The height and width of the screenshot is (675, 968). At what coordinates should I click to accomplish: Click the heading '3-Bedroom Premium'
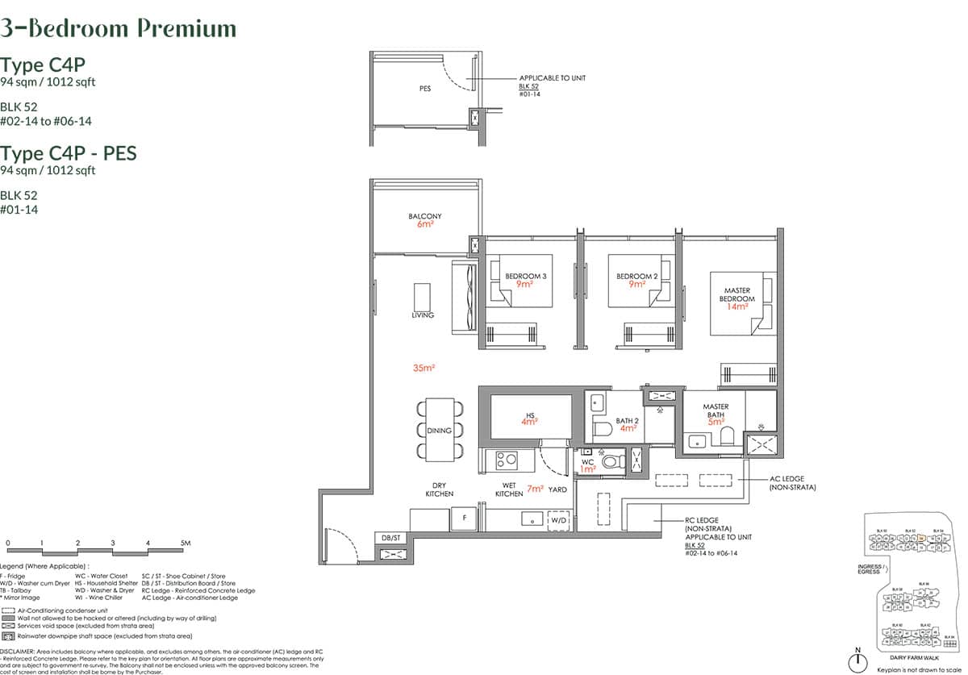point(119,29)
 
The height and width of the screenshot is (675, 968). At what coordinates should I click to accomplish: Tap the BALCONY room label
point(425,216)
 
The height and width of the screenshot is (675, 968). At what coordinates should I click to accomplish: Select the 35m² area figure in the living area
point(423,368)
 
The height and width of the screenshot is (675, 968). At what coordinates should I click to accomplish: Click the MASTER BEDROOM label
point(736,294)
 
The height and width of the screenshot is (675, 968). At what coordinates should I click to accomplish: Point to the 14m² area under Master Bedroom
point(737,307)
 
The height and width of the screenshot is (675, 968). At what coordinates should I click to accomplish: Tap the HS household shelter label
point(530,415)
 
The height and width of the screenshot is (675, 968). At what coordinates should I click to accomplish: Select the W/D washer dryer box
point(558,521)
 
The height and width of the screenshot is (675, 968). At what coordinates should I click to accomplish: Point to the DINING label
point(440,431)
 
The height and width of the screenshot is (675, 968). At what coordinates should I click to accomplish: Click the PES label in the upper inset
point(425,89)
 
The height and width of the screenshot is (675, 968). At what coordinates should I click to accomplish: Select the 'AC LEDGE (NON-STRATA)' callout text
point(793,483)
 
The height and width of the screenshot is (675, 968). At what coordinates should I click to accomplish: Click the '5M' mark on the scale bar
point(185,544)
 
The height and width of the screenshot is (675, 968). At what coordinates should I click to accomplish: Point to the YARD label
point(557,490)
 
